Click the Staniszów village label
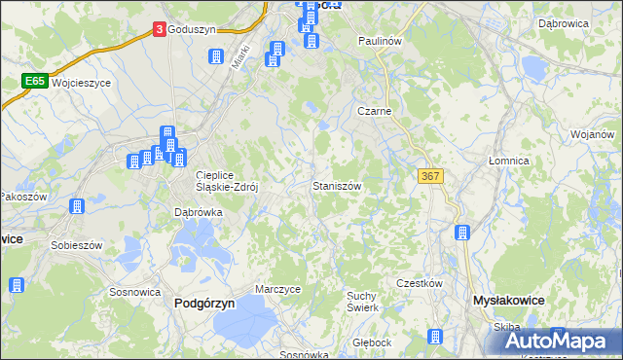[338, 185]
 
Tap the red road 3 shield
[159, 30]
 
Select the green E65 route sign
[36, 83]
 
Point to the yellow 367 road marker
[430, 175]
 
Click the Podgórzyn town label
[204, 304]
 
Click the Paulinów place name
[380, 42]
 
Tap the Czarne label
[375, 112]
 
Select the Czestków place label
[420, 283]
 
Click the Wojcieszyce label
[82, 84]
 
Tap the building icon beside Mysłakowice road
[462, 233]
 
